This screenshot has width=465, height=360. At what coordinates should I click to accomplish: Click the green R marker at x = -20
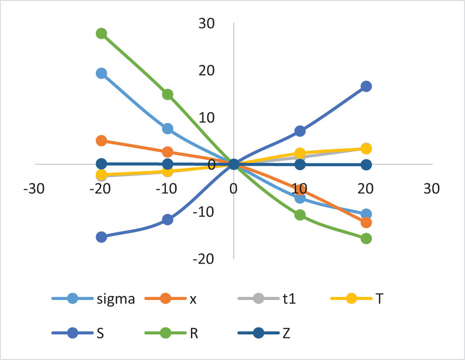pyautogui.click(x=101, y=33)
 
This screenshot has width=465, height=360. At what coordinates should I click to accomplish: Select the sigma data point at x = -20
pyautogui.click(x=101, y=73)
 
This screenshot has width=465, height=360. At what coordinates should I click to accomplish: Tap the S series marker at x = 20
pyautogui.click(x=366, y=86)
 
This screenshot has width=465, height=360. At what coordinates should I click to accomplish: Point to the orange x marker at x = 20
pyautogui.click(x=366, y=222)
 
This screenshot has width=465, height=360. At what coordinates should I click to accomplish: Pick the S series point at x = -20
pyautogui.click(x=101, y=237)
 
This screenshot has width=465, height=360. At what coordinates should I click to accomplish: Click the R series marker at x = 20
pyautogui.click(x=366, y=239)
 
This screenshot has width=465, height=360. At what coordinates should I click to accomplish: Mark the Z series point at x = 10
pyautogui.click(x=300, y=164)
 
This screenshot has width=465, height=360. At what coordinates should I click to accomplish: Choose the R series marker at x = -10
pyautogui.click(x=167, y=94)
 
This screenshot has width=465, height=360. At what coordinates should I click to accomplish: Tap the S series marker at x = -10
pyautogui.click(x=167, y=219)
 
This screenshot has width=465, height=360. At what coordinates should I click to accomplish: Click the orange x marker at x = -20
pyautogui.click(x=101, y=141)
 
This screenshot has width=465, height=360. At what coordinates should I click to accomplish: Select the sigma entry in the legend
pyautogui.click(x=93, y=299)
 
